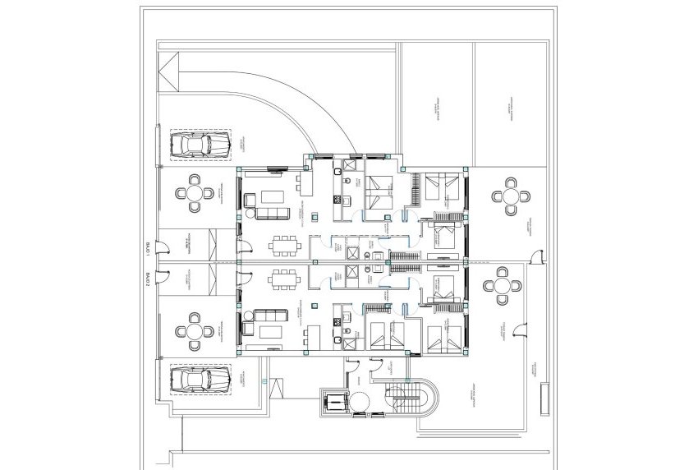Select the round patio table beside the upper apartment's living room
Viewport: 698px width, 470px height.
(195, 193)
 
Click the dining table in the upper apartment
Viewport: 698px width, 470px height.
(285, 244)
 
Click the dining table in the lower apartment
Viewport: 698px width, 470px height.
(285, 277)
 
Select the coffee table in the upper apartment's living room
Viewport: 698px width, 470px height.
(271, 196)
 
